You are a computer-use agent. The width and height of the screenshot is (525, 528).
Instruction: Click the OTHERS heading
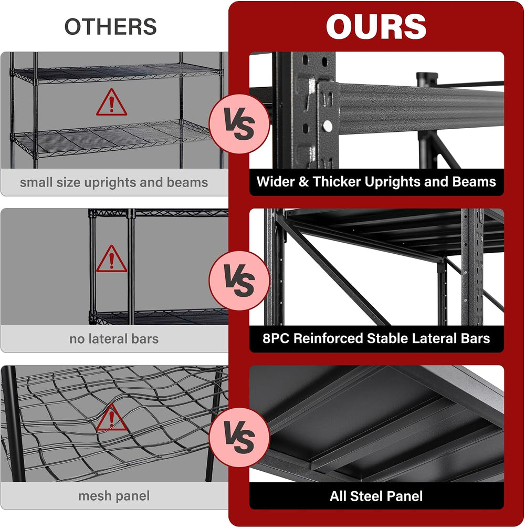110,27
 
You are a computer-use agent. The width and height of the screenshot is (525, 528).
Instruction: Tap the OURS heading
376,26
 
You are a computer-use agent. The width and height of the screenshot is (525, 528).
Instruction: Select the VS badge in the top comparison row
239,124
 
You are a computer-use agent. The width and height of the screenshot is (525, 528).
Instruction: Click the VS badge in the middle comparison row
239,281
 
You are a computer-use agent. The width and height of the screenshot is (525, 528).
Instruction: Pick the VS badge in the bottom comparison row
239,438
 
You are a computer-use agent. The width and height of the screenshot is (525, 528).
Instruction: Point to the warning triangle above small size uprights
111,102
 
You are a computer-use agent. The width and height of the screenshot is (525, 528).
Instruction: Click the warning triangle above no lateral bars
111,259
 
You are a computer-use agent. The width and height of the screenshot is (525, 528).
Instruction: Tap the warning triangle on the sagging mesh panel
111,418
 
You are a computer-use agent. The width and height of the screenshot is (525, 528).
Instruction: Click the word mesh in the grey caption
93,495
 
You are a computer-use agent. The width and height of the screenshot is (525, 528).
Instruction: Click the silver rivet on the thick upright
327,126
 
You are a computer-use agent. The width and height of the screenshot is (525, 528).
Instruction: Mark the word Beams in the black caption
474,181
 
